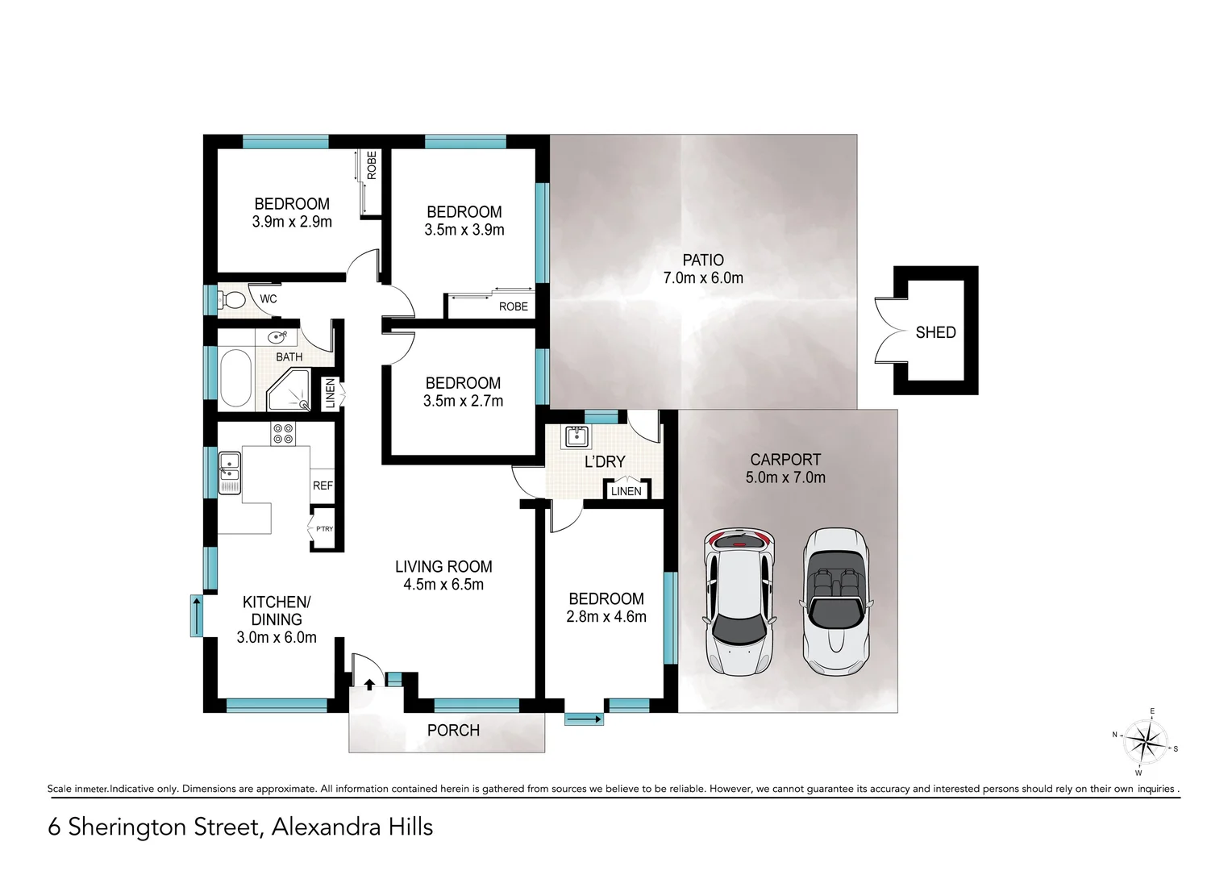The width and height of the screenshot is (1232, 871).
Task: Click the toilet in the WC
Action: click(x=233, y=300)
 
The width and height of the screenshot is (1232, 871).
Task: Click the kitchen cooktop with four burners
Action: click(x=283, y=434)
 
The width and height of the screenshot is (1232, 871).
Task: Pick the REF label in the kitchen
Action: click(x=323, y=486)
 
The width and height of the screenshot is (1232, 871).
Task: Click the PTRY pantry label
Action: click(x=324, y=529)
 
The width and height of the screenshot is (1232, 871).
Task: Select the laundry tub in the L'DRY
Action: click(x=576, y=437)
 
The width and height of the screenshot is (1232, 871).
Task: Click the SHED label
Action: click(x=935, y=332)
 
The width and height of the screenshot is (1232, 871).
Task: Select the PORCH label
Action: click(x=453, y=731)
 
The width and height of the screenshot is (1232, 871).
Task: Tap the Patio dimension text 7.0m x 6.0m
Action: click(x=703, y=278)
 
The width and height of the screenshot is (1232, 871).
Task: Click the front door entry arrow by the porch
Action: click(x=369, y=685)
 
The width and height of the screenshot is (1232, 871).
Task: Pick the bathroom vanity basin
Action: click(x=277, y=337)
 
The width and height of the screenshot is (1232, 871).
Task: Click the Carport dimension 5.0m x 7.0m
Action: click(x=785, y=477)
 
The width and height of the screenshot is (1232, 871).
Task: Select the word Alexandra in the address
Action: click(x=323, y=827)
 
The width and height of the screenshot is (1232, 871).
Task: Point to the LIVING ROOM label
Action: click(x=443, y=567)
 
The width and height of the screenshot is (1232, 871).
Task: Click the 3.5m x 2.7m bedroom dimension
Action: click(x=463, y=401)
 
